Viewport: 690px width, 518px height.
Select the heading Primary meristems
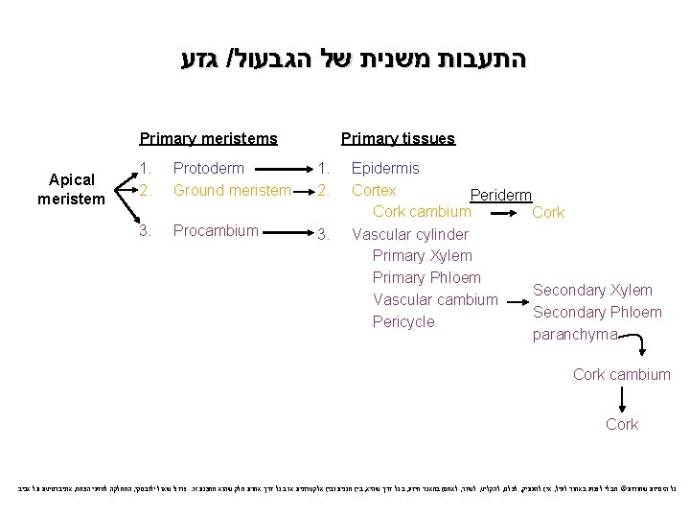pyautogui.click(x=208, y=138)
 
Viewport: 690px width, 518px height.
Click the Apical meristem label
pyautogui.click(x=71, y=189)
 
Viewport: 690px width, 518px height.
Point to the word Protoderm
pyautogui.click(x=208, y=169)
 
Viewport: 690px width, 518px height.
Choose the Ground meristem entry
pyautogui.click(x=231, y=190)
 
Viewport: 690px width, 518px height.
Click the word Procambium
pyautogui.click(x=215, y=230)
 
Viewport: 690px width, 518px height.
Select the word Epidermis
pyautogui.click(x=385, y=169)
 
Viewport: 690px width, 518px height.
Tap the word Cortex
pyautogui.click(x=374, y=190)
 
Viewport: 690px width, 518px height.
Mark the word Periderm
pyautogui.click(x=500, y=195)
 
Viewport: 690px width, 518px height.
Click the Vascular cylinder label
pyautogui.click(x=410, y=234)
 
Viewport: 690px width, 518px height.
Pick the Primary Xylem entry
pyautogui.click(x=422, y=255)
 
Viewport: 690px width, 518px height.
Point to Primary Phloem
pyautogui.click(x=426, y=277)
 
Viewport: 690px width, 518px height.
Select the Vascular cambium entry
pyautogui.click(x=435, y=299)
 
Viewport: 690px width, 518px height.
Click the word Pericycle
pyautogui.click(x=402, y=321)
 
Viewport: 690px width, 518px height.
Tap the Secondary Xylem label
pyautogui.click(x=592, y=290)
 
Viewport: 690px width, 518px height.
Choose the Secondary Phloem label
pyautogui.click(x=596, y=312)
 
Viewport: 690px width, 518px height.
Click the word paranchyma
pyautogui.click(x=575, y=335)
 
